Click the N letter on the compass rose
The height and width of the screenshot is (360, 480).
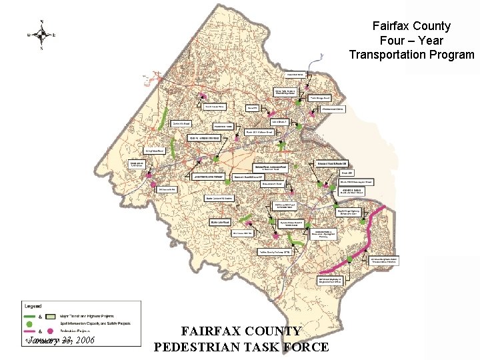point(42,21)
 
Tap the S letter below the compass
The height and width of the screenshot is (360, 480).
point(42,47)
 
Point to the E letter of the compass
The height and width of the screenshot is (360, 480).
point(55,34)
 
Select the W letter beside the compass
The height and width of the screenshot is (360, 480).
point(29,34)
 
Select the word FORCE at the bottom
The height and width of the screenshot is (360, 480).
point(305,347)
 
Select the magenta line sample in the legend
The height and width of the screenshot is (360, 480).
point(30,331)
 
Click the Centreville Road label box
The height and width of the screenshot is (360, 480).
point(181,123)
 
